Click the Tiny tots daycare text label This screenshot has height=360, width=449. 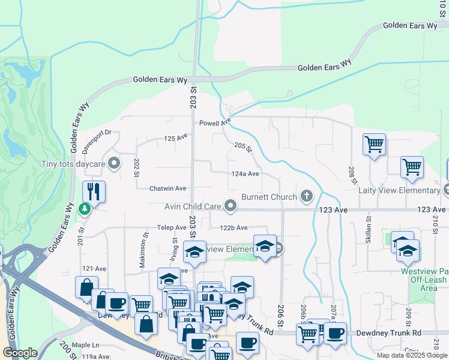point(73,164)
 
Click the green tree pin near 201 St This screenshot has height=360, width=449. point(85,209)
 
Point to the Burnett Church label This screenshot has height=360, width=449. point(269,197)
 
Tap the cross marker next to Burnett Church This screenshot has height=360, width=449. point(306,196)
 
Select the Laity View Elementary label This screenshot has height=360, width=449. point(399,191)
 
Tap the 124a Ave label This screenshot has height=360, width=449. point(245,174)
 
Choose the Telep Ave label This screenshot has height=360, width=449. point(173,228)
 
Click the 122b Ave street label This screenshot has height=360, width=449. point(234,228)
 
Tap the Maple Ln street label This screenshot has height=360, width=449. point(85,345)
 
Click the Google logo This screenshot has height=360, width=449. point(20,353)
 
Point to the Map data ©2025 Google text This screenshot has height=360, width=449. point(412,355)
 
